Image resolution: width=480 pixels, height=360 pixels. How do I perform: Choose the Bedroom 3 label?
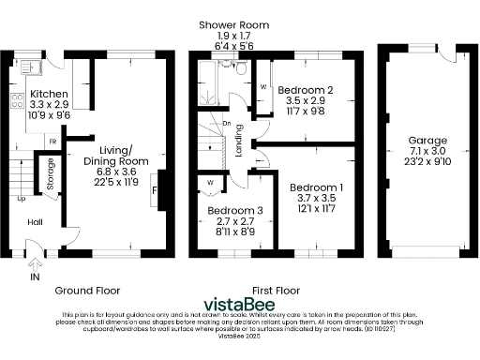[229, 211]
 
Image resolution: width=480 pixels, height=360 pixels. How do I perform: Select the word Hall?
[34, 221]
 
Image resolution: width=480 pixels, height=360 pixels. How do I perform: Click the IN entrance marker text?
[35, 278]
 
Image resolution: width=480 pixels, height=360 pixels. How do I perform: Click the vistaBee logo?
[240, 305]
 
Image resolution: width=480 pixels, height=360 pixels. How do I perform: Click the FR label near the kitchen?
[52, 142]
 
